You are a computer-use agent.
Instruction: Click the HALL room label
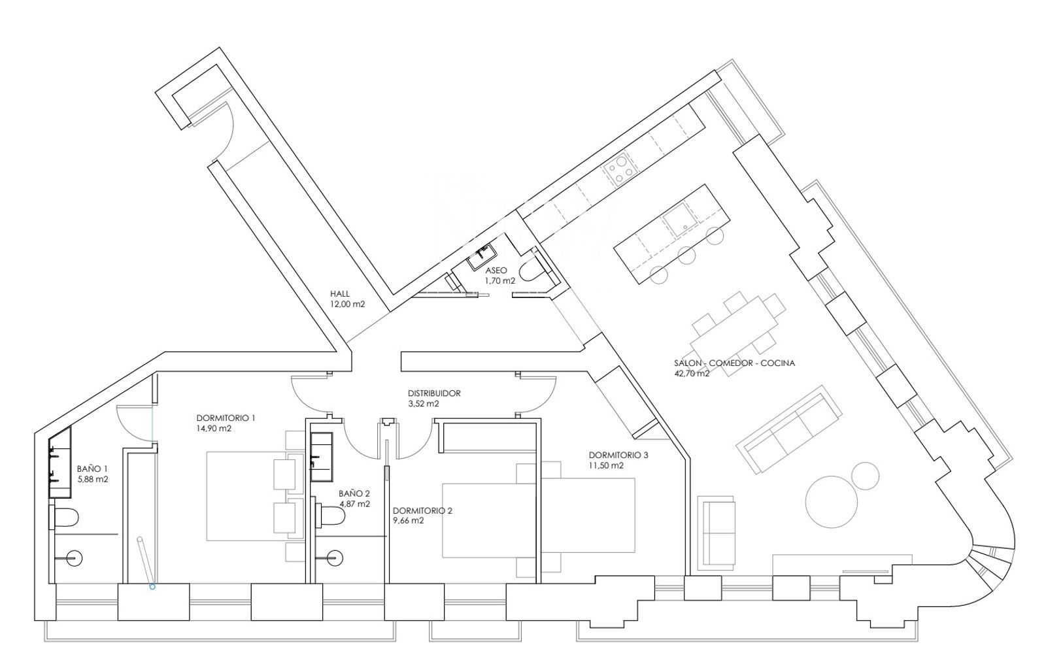[x=339, y=294]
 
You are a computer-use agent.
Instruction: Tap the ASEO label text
[x=496, y=271]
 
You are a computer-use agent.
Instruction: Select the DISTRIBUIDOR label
[x=434, y=393]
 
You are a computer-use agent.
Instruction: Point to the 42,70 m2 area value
[x=692, y=374]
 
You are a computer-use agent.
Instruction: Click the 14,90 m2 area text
[x=214, y=429]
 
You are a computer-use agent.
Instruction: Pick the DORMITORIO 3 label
[x=618, y=455]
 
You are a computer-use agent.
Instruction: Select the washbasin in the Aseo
[x=482, y=257]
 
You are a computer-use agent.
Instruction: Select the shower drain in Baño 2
[x=335, y=557]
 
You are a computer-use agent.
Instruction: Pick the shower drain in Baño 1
[x=75, y=558]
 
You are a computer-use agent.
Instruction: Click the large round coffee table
[x=832, y=502]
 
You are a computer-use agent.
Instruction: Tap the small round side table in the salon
[x=866, y=476]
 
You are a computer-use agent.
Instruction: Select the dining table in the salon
[x=733, y=335]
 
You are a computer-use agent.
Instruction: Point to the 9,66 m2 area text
[x=408, y=521]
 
